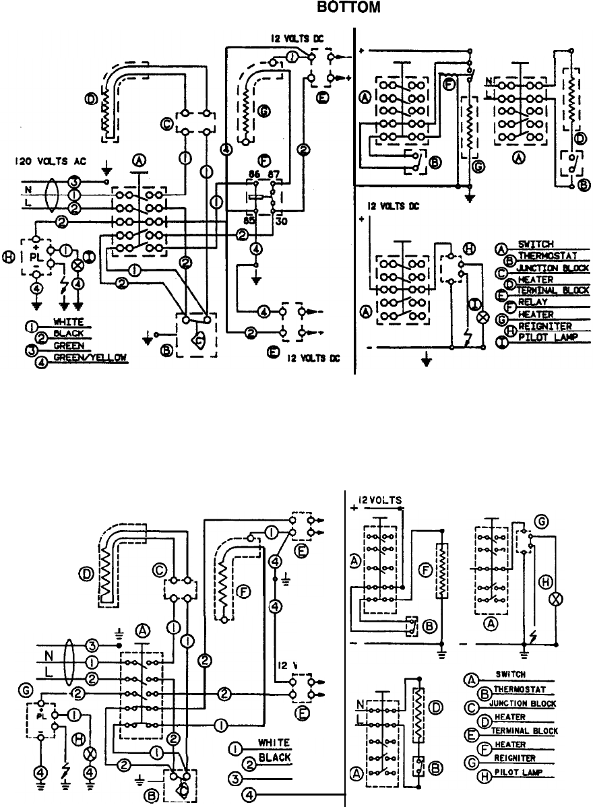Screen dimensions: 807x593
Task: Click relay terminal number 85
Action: pos(249,219)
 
